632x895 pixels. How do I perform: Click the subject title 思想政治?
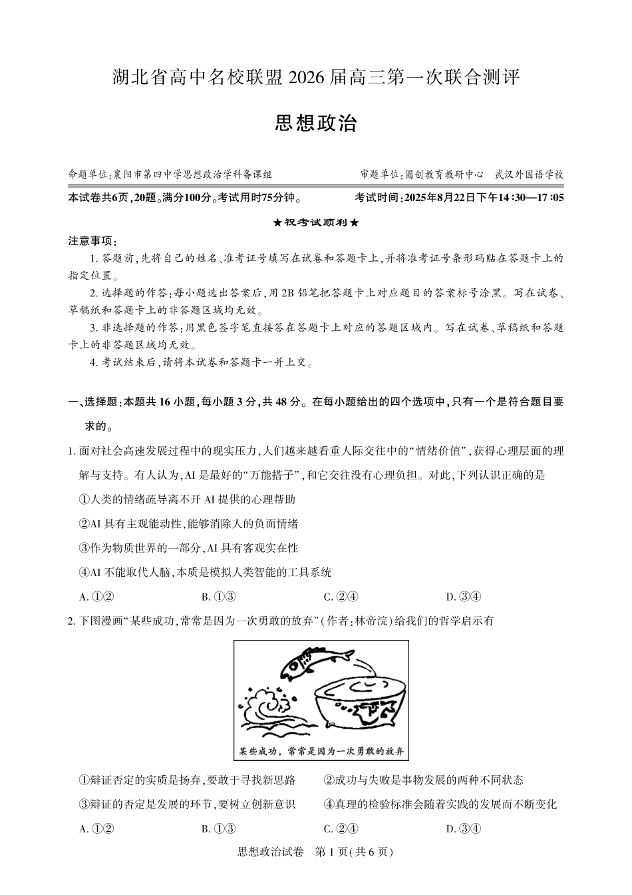click(x=316, y=124)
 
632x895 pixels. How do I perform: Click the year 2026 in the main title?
click(x=307, y=78)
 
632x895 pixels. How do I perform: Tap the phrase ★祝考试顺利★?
click(x=316, y=222)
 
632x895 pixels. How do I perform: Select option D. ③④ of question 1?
click(x=463, y=597)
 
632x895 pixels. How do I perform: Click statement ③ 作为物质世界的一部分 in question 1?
click(x=188, y=548)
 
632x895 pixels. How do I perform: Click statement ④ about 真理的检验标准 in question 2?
click(x=440, y=804)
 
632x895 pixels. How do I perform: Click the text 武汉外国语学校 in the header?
click(x=529, y=174)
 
